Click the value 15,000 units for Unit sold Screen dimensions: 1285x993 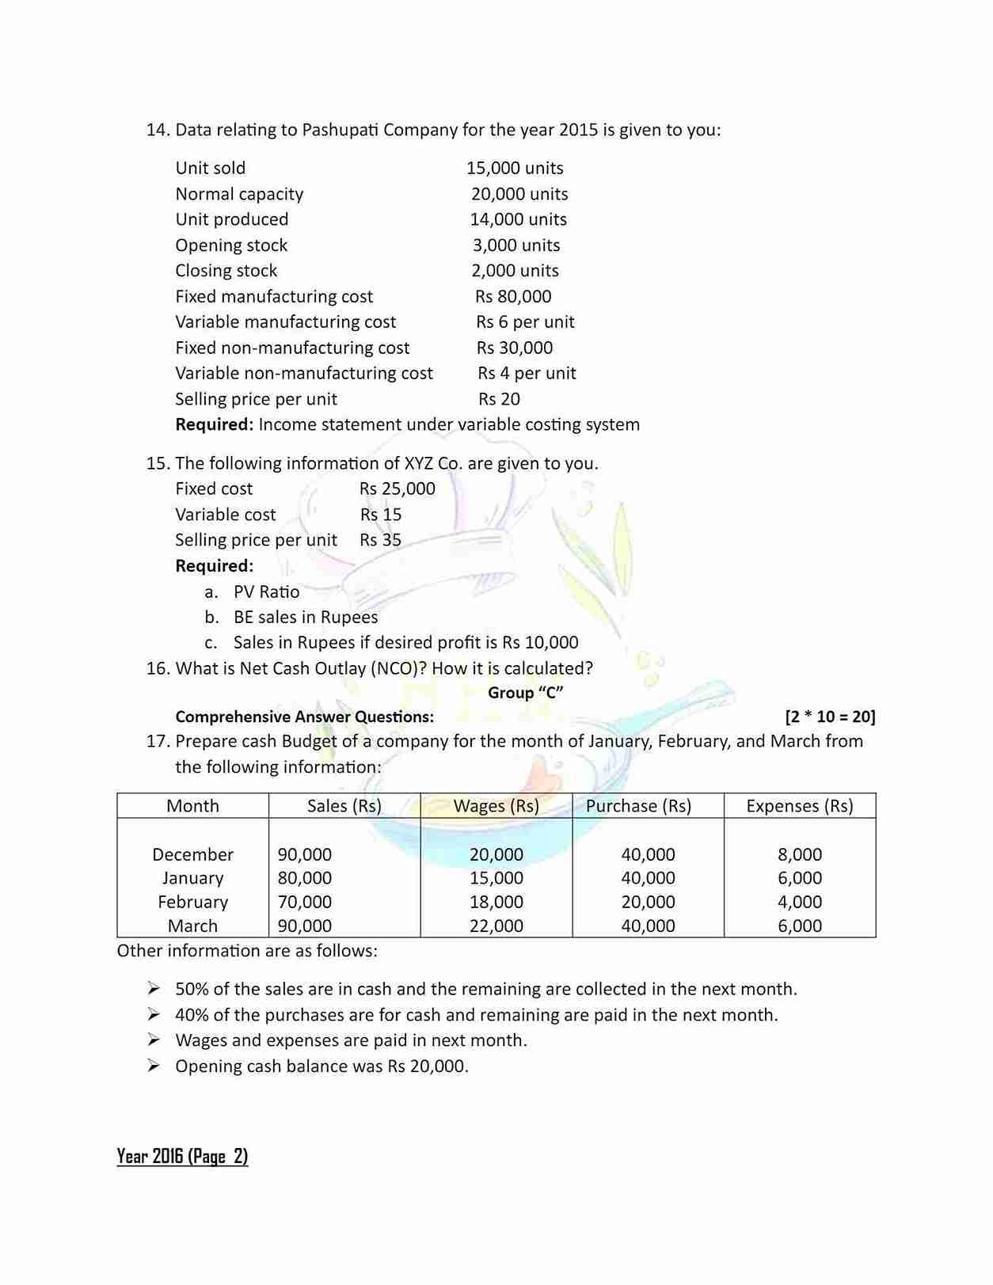click(x=515, y=168)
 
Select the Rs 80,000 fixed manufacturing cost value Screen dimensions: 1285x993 click(x=513, y=296)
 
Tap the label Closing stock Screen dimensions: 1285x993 click(x=226, y=271)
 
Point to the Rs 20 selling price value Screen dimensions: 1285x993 click(x=499, y=399)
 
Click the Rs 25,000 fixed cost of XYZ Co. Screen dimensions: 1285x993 click(x=397, y=489)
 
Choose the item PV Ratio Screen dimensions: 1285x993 click(x=266, y=591)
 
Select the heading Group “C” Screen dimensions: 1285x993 click(x=525, y=693)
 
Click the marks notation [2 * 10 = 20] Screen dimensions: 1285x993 click(x=829, y=717)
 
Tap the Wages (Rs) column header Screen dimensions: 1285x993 click(x=496, y=806)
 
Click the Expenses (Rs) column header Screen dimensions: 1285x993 click(x=799, y=806)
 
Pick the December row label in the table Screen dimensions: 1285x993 click(x=192, y=854)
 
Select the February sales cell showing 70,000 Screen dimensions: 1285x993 click(x=305, y=902)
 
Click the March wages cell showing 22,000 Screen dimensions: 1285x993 click(x=496, y=926)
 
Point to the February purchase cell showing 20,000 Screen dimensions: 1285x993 click(x=648, y=902)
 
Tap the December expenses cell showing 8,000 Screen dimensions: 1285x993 click(x=799, y=854)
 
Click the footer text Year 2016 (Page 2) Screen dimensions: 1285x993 click(x=182, y=1156)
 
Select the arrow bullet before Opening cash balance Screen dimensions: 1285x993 click(x=154, y=1066)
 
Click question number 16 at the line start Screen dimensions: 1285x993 click(x=158, y=668)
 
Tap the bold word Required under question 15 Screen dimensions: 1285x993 click(x=214, y=565)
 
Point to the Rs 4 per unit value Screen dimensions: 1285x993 click(x=527, y=373)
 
